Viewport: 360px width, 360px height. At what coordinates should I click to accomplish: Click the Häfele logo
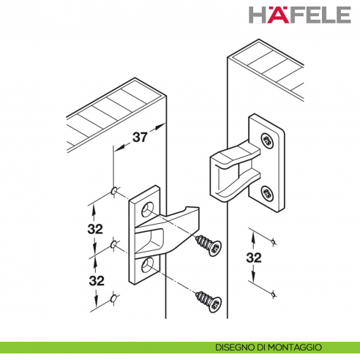click(x=300, y=15)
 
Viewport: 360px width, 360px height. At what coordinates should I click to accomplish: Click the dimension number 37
click(x=140, y=137)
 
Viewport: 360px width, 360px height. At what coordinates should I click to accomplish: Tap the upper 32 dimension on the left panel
click(x=95, y=229)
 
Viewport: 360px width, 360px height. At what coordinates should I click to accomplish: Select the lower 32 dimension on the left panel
click(x=97, y=280)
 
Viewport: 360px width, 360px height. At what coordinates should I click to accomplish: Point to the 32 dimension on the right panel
click(x=254, y=258)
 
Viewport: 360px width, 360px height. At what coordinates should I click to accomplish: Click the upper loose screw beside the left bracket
click(x=209, y=245)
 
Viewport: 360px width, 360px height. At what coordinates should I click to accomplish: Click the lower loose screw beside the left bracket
click(x=209, y=301)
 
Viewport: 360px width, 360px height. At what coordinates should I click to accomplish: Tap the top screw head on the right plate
click(x=267, y=140)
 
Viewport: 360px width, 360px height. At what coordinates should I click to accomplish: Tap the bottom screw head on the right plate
click(x=267, y=194)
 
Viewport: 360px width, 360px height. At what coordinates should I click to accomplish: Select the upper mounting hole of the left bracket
click(x=148, y=209)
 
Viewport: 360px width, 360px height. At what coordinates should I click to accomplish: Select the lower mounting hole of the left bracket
click(x=148, y=265)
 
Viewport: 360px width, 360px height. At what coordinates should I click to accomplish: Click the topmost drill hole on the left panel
click(x=114, y=191)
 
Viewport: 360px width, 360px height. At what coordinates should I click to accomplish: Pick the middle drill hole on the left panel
click(x=113, y=244)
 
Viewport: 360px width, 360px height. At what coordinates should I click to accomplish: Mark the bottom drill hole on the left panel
click(x=113, y=299)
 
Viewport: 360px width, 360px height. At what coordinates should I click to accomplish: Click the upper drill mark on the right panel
click(x=274, y=241)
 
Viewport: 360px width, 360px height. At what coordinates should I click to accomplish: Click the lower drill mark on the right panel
click(x=274, y=295)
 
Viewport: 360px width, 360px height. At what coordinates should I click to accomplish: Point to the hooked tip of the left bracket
click(x=192, y=210)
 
